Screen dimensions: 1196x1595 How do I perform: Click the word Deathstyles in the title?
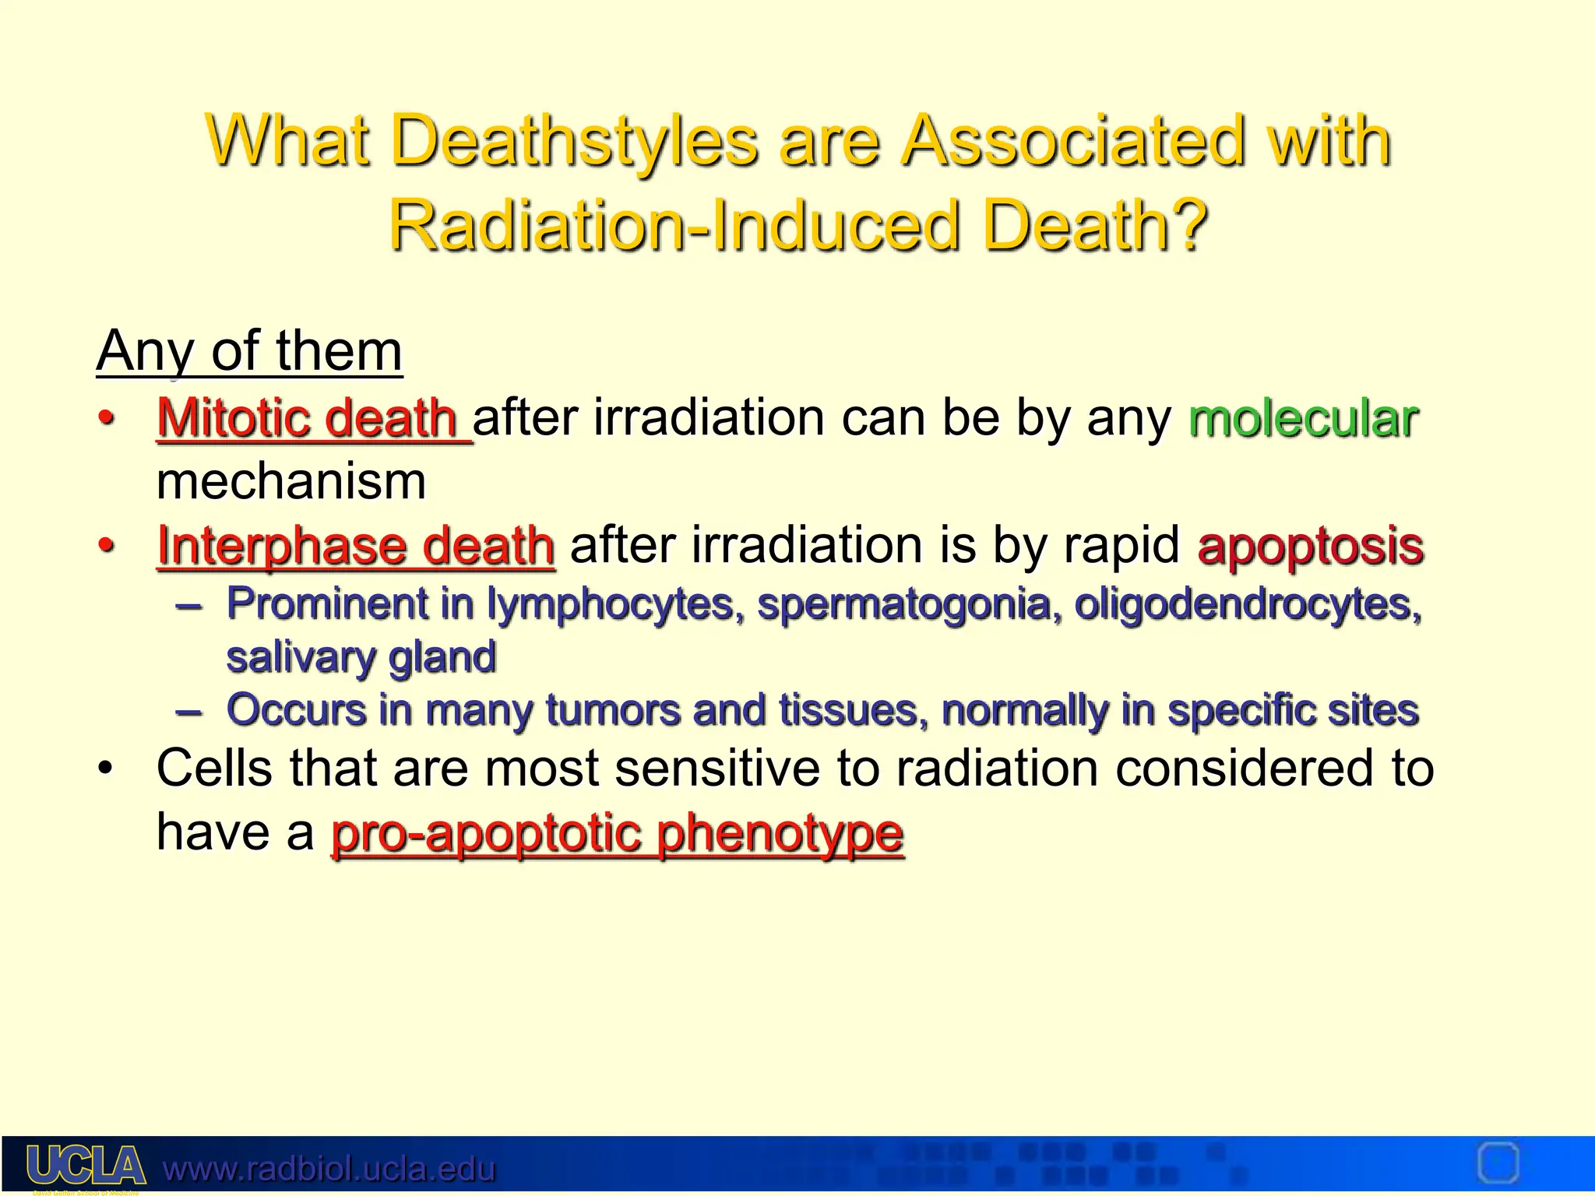[574, 142]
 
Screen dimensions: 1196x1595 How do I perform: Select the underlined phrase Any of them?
[249, 352]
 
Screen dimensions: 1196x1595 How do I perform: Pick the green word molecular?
[1303, 419]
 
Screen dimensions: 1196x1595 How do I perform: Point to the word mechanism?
[291, 481]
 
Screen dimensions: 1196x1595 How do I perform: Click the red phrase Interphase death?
[356, 545]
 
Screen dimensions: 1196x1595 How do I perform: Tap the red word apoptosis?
[1311, 545]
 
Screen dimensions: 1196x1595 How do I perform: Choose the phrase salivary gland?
[361, 657]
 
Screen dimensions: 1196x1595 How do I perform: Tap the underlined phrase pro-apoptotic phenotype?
[617, 833]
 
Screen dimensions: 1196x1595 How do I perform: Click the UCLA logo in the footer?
[86, 1166]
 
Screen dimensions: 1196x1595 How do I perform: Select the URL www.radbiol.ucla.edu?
[329, 1169]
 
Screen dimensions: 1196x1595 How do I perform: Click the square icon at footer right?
[1498, 1163]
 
